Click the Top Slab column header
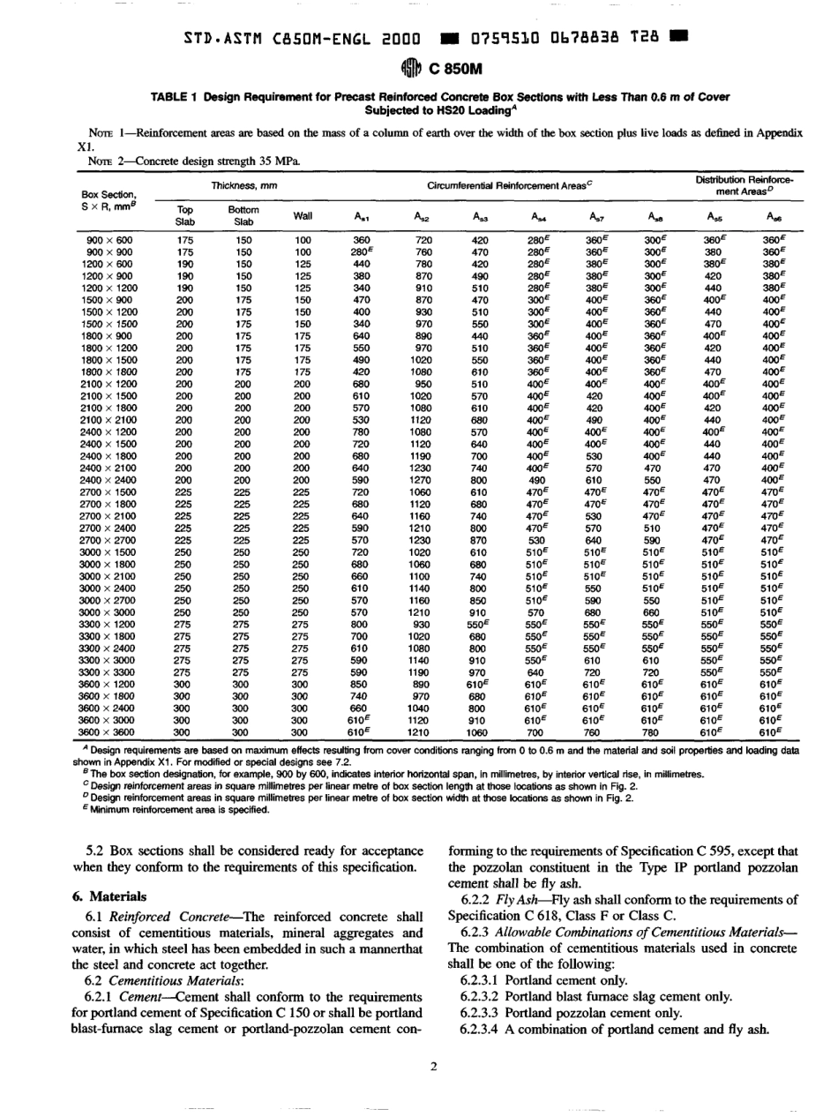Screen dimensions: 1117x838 pos(185,215)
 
